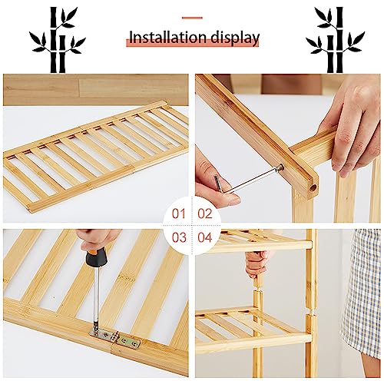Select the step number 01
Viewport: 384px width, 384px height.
click(179, 214)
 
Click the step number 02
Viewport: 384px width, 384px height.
click(205, 214)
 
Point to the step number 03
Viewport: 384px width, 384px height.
click(179, 237)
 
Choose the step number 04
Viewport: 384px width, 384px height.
click(205, 237)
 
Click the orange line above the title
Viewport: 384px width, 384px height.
click(191, 18)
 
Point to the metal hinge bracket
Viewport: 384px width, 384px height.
click(113, 336)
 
